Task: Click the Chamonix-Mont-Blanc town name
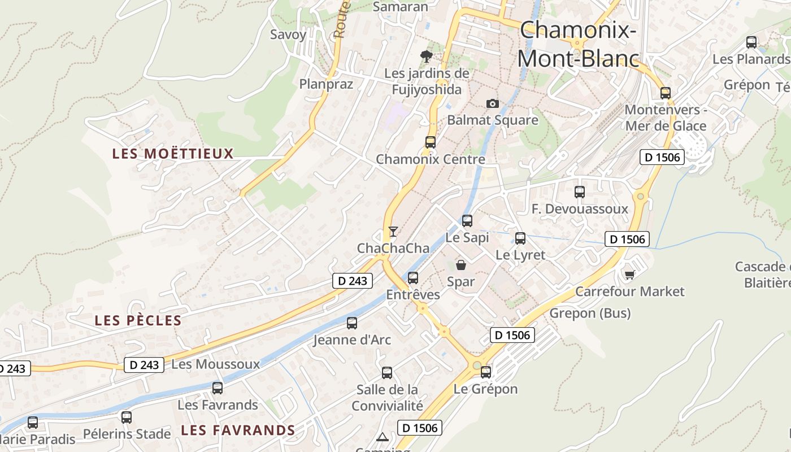[577, 44]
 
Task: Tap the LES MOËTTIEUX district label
[173, 154]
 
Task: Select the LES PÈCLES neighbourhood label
[138, 320]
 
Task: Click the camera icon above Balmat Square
[493, 103]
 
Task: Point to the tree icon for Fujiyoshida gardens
[427, 56]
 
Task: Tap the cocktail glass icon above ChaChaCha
[393, 231]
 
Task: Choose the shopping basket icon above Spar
[461, 264]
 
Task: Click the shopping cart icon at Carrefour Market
[629, 275]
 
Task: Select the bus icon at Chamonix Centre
[431, 142]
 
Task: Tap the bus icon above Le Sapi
[467, 221]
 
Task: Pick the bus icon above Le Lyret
[520, 238]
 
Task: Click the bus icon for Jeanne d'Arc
[352, 323]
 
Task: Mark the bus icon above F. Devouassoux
[580, 192]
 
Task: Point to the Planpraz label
[326, 84]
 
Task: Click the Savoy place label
[288, 34]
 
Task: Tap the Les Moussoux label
[215, 364]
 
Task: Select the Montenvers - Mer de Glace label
[666, 118]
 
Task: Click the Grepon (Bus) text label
[590, 313]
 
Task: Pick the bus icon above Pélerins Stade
[127, 418]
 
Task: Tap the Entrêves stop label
[413, 295]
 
